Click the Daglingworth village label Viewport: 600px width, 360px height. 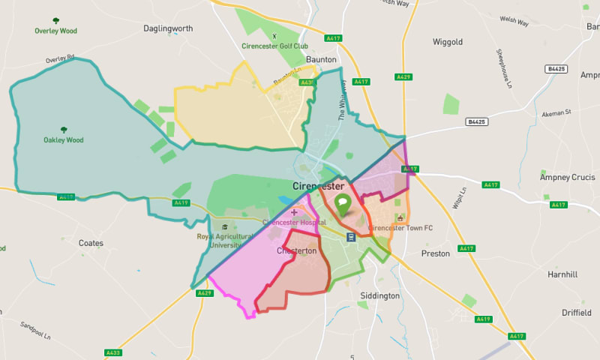point(168,28)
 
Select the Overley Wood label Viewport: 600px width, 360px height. point(57,31)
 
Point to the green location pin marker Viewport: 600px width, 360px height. point(343,203)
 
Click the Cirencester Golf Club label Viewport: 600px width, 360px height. point(274,46)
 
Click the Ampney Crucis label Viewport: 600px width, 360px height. point(568,178)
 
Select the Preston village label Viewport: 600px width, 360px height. point(435,253)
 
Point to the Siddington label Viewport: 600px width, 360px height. point(379,295)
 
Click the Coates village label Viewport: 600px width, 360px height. point(91,243)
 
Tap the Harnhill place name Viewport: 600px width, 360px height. point(562,275)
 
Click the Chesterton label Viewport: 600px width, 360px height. point(297,250)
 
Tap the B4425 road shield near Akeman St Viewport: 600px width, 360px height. point(476,121)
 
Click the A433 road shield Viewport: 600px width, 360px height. point(113,352)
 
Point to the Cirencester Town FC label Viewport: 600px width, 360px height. point(400,227)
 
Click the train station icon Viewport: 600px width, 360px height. point(351,237)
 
